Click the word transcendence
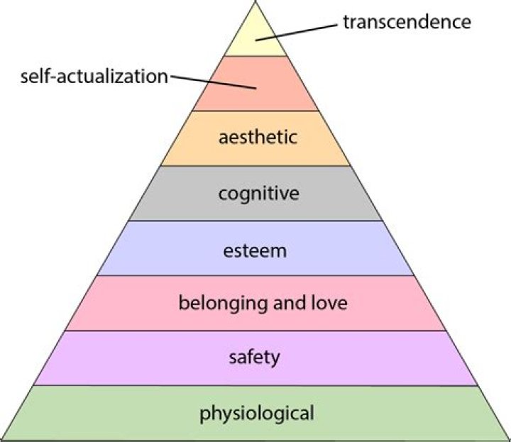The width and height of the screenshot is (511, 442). pos(407,21)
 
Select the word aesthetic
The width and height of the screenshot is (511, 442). pos(257,138)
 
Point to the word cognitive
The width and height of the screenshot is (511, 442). pos(258,193)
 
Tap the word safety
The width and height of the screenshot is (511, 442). pos(255,357)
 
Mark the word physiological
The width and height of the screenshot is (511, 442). pos(255,412)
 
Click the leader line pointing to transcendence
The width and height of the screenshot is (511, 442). pos(298,31)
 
